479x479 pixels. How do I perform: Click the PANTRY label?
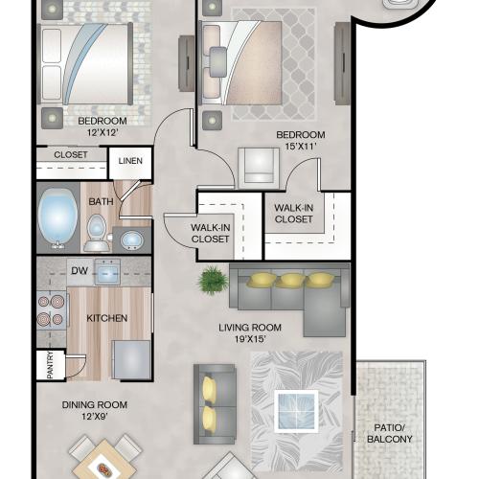click(x=50, y=365)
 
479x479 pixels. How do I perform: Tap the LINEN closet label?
click(x=130, y=161)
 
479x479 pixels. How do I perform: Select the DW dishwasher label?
click(x=80, y=271)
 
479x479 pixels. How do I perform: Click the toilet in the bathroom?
click(x=97, y=233)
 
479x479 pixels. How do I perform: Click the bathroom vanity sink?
click(x=131, y=240)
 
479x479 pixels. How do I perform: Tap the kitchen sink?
click(x=107, y=272)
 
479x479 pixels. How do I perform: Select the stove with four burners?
click(x=52, y=310)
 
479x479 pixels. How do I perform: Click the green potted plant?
click(x=213, y=281)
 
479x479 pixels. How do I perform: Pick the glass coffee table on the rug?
click(x=297, y=411)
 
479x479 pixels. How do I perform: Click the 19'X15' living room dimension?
click(x=250, y=339)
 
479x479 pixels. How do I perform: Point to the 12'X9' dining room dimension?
click(x=95, y=417)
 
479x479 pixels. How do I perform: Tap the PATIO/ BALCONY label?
click(x=390, y=433)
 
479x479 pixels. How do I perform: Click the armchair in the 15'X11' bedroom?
click(x=259, y=168)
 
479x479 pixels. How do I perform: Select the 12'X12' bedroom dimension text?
click(x=103, y=132)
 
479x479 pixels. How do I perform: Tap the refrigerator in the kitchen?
click(x=131, y=360)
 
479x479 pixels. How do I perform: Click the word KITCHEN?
click(x=107, y=318)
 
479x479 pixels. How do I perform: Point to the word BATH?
click(x=101, y=202)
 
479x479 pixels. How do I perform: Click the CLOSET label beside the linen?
click(x=71, y=155)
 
